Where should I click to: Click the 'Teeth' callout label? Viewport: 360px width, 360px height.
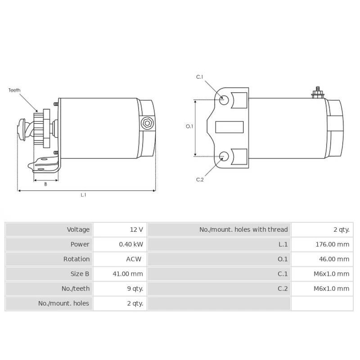(14, 90)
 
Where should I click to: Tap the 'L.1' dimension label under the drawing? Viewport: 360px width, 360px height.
(83, 195)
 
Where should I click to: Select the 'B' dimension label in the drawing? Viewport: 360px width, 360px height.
(45, 184)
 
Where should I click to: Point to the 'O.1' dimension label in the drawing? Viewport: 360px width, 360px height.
(189, 126)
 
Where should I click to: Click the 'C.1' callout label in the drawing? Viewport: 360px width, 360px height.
(200, 77)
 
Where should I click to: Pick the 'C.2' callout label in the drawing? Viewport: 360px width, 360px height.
(200, 180)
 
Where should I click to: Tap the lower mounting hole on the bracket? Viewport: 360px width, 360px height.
(224, 156)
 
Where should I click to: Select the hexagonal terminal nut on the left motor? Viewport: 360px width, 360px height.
(147, 123)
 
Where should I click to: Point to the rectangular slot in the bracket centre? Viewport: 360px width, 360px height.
(229, 127)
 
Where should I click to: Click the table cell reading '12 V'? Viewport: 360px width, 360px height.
(136, 229)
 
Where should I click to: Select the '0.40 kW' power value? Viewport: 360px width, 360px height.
(131, 244)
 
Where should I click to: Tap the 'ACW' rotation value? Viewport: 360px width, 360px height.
(134, 259)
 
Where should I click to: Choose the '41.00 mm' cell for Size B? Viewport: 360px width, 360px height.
(128, 274)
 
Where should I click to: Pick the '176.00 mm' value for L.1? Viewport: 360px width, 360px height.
(332, 244)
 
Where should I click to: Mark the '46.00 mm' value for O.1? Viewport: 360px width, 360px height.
(333, 259)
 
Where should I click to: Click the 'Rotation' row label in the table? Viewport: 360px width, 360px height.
(76, 259)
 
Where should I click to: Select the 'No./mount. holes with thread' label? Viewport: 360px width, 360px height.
(243, 229)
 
